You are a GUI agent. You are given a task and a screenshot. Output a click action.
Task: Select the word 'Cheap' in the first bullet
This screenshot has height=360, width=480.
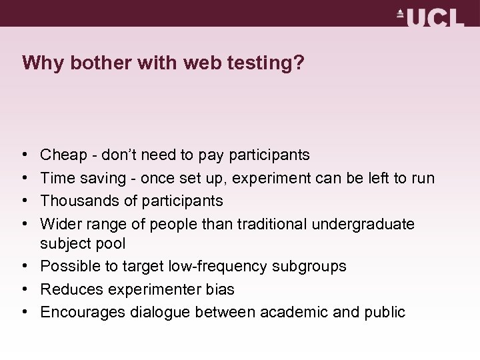(x=62, y=155)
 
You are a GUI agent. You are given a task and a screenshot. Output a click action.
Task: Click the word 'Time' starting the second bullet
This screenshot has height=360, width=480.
(x=57, y=177)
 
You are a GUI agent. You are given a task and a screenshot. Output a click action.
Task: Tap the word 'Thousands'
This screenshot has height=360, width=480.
(x=75, y=199)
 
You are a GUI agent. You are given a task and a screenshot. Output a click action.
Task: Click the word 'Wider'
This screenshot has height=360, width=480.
(x=59, y=222)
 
